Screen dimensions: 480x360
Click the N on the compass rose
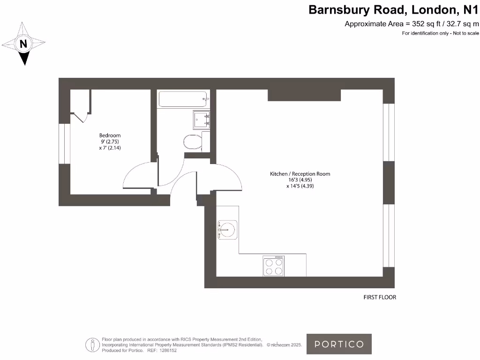23,44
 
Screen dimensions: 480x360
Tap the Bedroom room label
110,135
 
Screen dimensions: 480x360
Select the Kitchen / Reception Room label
300,173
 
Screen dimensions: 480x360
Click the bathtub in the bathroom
183,99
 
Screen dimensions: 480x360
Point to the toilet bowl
192,142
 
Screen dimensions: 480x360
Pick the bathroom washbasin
202,120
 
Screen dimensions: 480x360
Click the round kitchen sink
227,230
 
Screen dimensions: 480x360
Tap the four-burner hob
274,266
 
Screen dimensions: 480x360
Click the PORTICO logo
339,344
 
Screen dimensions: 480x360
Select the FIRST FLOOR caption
380,297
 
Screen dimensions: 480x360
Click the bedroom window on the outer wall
65,143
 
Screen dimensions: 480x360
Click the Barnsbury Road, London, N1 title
393,10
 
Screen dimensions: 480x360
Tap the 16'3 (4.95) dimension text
300,180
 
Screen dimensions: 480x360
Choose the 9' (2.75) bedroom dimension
110,142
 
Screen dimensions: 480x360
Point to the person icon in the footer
92,345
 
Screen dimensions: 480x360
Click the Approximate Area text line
412,24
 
